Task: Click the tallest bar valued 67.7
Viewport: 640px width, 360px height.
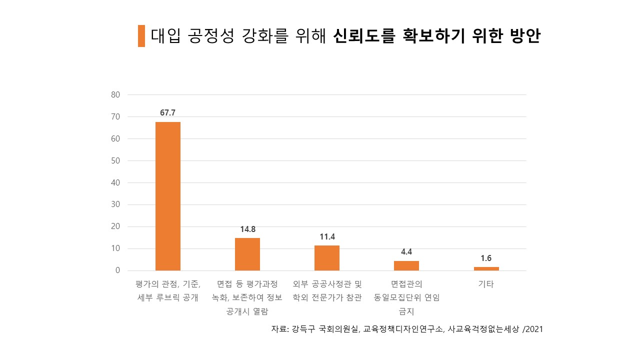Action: [168, 196]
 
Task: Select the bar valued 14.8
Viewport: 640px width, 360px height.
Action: [247, 254]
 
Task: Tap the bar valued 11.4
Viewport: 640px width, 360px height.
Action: [327, 258]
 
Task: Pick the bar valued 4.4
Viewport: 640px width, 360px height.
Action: [406, 265]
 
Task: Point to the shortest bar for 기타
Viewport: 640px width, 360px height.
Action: [486, 268]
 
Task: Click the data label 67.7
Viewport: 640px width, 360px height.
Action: [168, 112]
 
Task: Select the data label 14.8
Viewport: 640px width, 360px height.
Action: [247, 229]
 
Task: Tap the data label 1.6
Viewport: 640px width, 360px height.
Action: [486, 258]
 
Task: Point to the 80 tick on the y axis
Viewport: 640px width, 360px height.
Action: [115, 94]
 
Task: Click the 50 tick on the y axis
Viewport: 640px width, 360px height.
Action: [115, 160]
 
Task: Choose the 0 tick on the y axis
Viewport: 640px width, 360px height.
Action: [118, 270]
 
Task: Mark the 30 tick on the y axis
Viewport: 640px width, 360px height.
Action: [115, 204]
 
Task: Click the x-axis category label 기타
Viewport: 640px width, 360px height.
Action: [486, 284]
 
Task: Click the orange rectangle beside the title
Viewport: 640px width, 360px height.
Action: [141, 36]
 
